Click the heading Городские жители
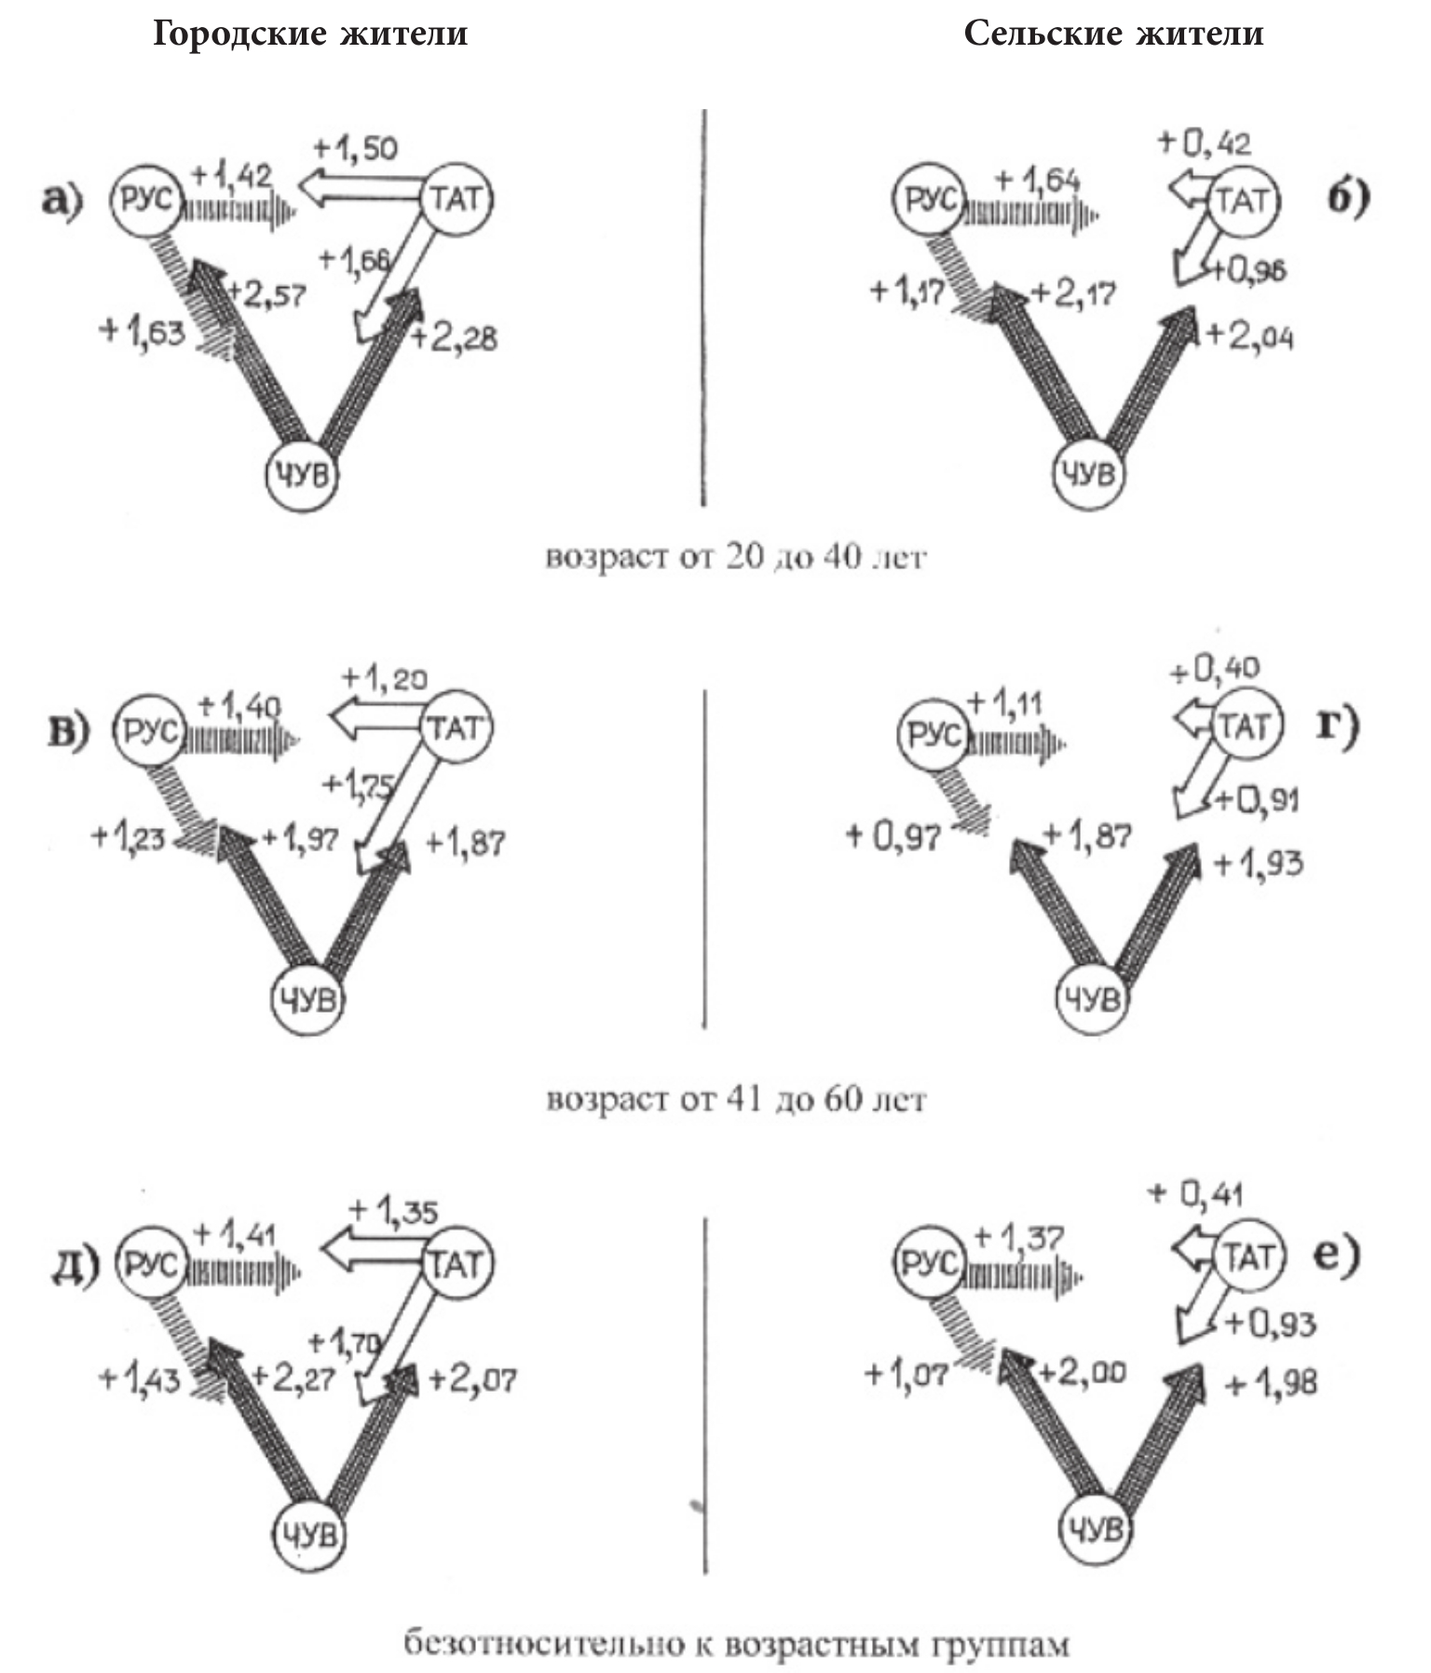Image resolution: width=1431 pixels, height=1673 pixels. (309, 34)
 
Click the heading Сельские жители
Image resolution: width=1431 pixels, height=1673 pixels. (1113, 34)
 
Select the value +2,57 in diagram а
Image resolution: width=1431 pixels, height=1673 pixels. (266, 294)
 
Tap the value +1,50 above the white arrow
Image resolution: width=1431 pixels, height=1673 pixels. (356, 148)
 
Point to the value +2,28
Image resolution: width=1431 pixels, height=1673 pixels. (454, 337)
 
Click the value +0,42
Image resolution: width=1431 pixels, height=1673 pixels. (1204, 143)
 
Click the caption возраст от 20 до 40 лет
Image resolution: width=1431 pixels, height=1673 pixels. (735, 557)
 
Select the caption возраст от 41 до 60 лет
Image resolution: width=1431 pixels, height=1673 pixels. (735, 1099)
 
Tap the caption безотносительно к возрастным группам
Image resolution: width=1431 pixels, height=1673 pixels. (736, 1644)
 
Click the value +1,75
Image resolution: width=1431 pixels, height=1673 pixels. (359, 784)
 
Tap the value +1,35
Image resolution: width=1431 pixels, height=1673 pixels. (392, 1211)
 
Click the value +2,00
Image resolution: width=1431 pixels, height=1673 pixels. (1082, 1372)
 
